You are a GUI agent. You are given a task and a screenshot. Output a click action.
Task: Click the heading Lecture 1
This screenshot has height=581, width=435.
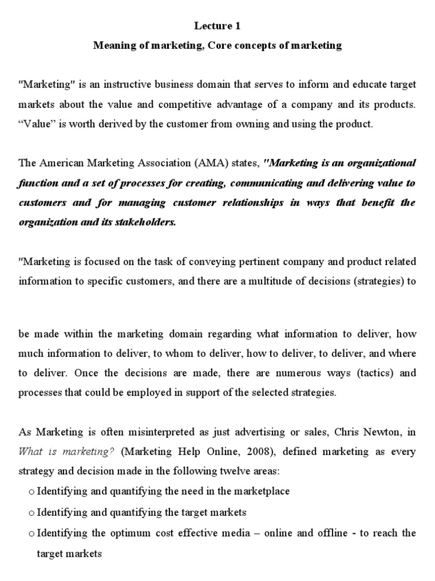pos(217,26)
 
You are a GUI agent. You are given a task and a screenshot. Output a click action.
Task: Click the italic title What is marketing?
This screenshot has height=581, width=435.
pos(67,452)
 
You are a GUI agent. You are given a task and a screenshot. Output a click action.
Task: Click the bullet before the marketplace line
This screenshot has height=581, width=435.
pos(31,492)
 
